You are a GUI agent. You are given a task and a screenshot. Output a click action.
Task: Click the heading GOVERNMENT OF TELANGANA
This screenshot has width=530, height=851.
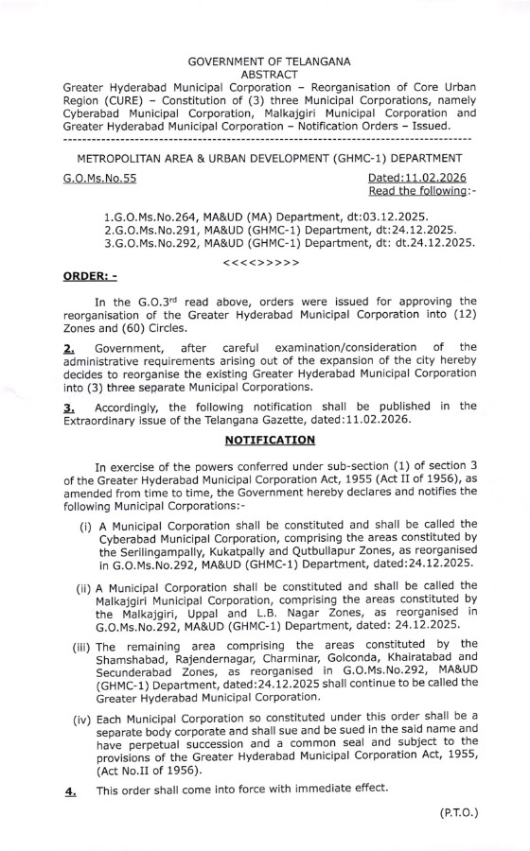click(x=270, y=61)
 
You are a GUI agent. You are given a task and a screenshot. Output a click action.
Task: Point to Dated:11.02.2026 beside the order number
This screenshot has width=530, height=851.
click(x=415, y=179)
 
